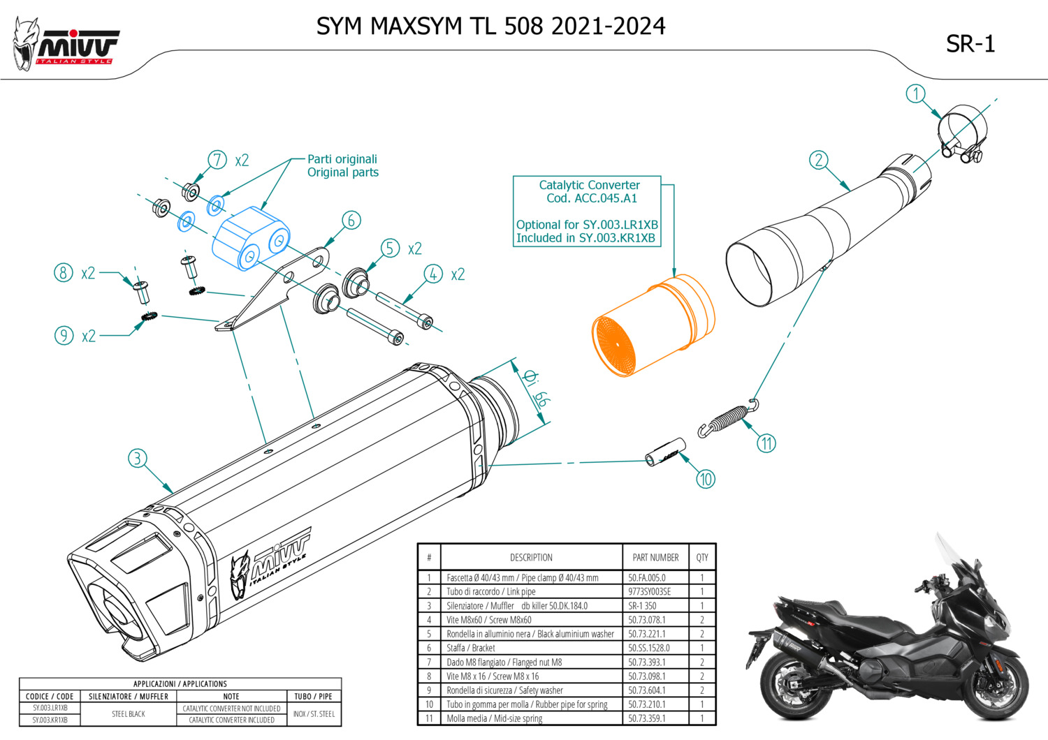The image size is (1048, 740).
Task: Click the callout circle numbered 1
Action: pos(915,94)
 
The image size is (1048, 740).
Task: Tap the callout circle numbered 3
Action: pos(138,459)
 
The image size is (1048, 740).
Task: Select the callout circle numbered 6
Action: pos(351,221)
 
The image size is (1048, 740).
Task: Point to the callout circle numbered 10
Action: pos(706,479)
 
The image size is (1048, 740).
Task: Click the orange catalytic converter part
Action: pos(653,325)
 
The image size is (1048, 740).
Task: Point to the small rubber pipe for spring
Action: pos(665,451)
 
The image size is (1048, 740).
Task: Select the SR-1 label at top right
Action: pos(970,44)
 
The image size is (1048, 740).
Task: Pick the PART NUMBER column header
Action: pos(655,557)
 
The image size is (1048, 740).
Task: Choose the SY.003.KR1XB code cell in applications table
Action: pos(50,720)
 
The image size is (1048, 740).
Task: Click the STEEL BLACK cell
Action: pos(129,714)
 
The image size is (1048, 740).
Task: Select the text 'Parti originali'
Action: pos(342,159)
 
